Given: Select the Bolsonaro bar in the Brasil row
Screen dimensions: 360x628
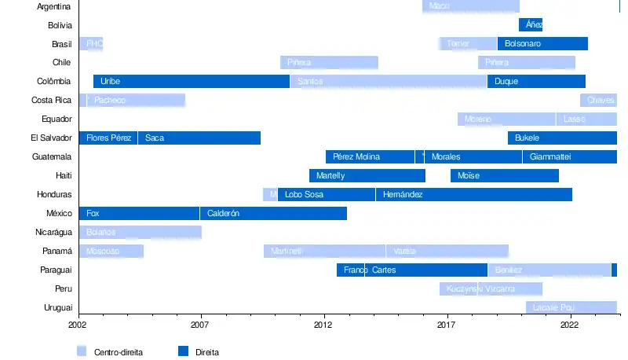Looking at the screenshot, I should tap(542, 43).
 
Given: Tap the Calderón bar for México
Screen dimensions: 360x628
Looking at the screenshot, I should tap(273, 213).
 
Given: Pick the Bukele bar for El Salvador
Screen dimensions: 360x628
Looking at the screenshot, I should tap(562, 138).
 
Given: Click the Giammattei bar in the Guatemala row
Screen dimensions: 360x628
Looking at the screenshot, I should tap(569, 156).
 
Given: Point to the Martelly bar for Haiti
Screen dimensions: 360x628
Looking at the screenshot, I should tap(367, 175).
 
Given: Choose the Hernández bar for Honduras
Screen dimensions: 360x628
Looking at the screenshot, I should tap(473, 194).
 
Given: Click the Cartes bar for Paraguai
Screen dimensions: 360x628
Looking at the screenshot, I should tap(425, 270).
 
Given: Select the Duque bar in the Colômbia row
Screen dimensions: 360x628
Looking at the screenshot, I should tap(536, 81).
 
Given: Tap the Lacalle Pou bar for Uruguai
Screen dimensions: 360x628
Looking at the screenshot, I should tap(571, 307).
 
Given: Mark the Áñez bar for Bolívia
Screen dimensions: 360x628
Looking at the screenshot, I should tap(531, 24).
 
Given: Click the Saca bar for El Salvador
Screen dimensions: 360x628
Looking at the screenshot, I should tap(199, 138).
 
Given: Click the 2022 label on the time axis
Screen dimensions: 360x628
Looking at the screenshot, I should tap(569, 323).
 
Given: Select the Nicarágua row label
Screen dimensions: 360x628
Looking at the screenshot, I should tap(54, 232).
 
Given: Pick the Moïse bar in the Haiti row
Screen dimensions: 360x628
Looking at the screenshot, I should tap(505, 175).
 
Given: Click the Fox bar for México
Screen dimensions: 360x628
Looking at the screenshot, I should tap(139, 213).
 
